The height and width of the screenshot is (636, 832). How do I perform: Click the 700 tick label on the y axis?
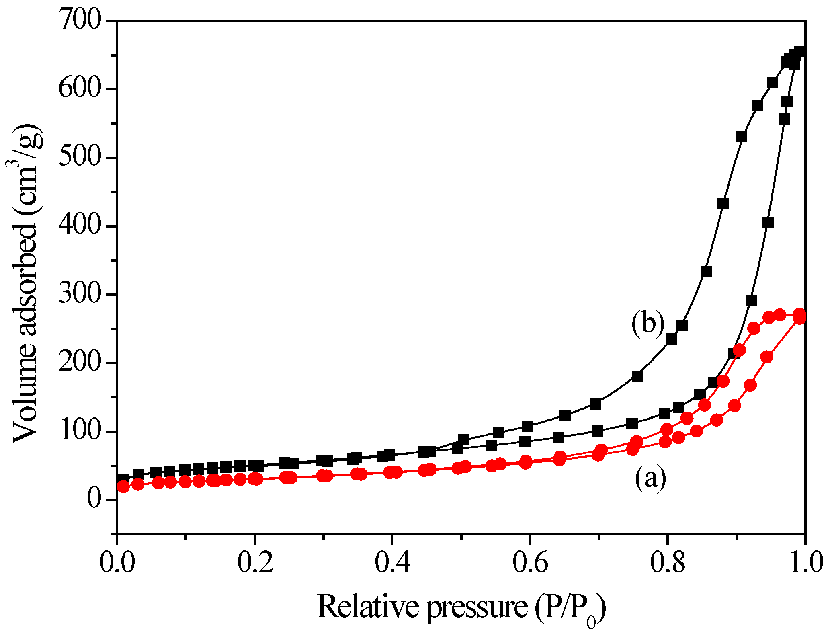(79, 20)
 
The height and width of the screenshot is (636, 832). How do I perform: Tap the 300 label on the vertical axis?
(79, 294)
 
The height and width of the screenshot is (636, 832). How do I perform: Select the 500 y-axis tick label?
(79, 157)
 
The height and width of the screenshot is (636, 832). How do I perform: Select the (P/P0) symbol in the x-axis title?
(570, 609)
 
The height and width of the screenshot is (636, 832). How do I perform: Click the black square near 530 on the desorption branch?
(741, 136)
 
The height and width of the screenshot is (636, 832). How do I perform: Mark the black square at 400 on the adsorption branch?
(768, 223)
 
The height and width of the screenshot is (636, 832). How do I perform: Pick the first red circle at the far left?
(123, 487)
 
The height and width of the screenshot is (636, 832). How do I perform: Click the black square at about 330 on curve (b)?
(706, 271)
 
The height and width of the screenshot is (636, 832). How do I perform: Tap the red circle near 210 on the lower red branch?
(766, 357)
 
